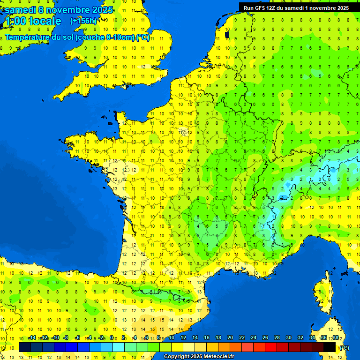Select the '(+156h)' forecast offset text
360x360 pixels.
[x=83, y=21]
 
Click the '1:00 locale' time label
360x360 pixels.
[x=32, y=21]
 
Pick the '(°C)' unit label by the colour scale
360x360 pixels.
[x=344, y=347]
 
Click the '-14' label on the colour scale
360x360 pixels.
[x=32, y=337]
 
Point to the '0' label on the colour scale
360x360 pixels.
[x=112, y=337]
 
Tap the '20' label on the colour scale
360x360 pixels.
[x=230, y=337]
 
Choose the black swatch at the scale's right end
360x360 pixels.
[x=330, y=347]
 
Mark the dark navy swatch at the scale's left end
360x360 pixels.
[x=25, y=347]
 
